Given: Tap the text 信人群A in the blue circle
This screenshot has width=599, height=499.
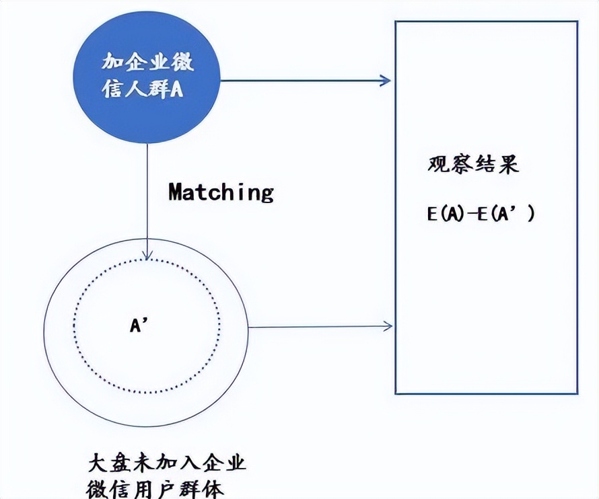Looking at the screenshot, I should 144,89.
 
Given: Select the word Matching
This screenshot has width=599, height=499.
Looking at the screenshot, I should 221,192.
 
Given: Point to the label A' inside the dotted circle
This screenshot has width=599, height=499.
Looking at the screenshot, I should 139,325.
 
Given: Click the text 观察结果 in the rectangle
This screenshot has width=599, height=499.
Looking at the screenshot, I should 473,165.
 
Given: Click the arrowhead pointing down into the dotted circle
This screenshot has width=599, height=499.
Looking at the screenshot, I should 147,256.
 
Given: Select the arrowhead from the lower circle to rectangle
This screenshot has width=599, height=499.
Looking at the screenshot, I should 388,327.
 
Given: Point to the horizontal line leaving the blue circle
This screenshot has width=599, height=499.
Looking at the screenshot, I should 303,81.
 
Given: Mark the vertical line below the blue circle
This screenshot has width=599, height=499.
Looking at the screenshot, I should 147,202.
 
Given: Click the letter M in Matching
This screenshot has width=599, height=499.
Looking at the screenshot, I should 176,192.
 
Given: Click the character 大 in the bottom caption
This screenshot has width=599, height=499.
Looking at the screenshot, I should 98,464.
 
